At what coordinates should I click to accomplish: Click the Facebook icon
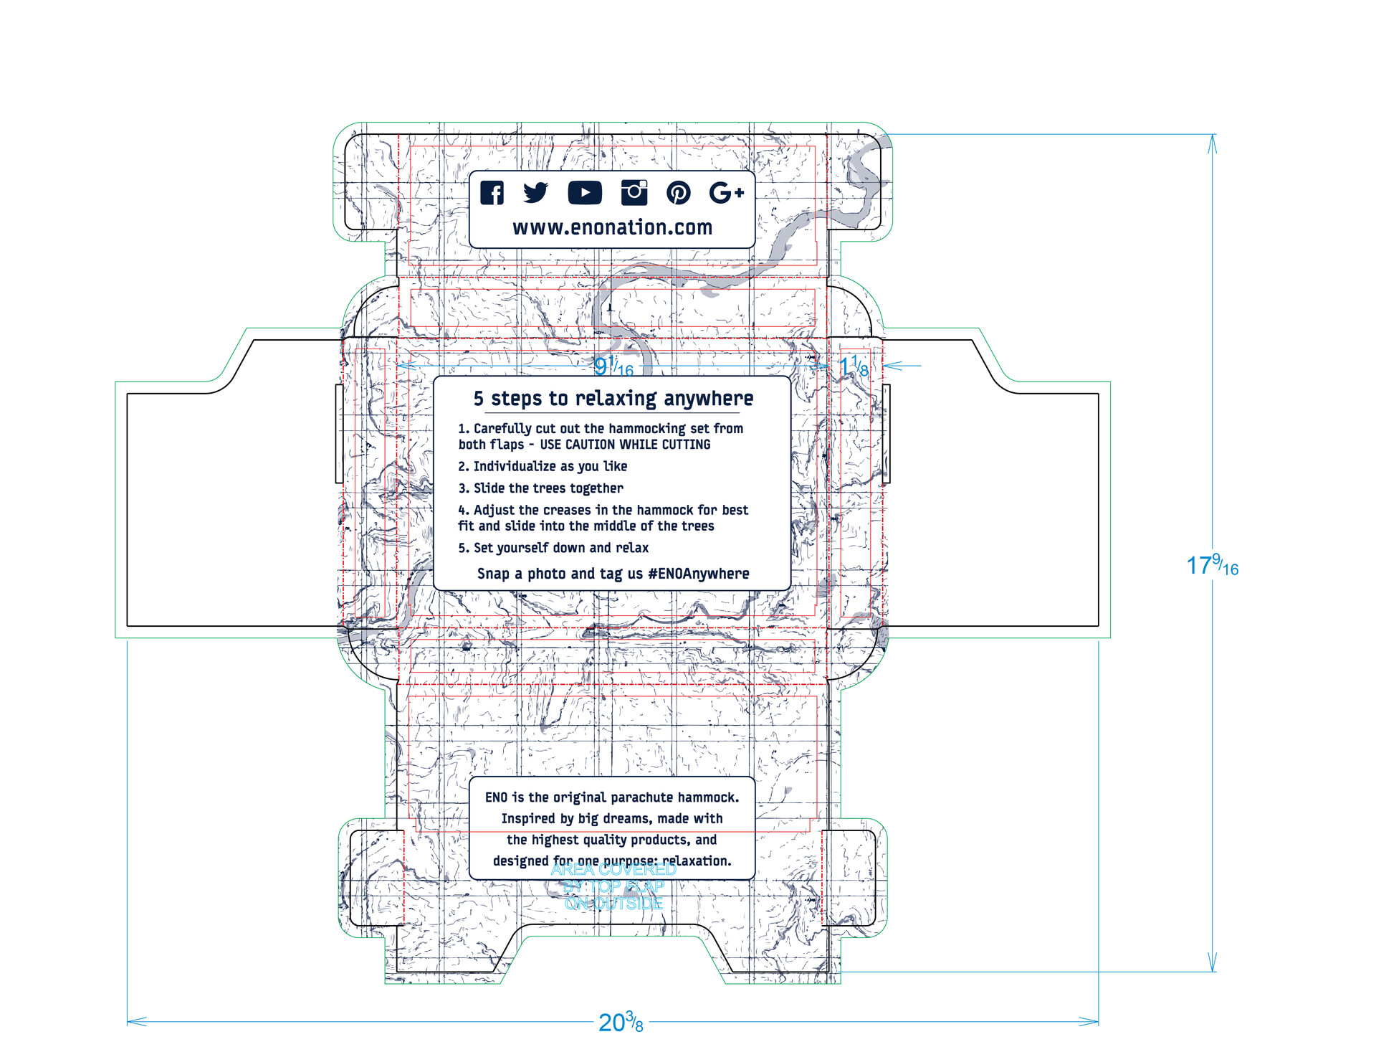[492, 193]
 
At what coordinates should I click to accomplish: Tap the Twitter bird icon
[535, 192]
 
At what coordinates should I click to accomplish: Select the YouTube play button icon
[585, 193]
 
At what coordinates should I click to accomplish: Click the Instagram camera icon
[634, 192]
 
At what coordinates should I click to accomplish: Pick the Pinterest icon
[679, 192]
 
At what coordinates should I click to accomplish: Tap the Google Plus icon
[727, 192]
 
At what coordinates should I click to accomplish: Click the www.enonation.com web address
[613, 228]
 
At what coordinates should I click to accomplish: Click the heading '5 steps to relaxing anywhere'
[613, 399]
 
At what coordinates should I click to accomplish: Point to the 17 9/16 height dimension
[1212, 566]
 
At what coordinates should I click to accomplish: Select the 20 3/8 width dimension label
[621, 1022]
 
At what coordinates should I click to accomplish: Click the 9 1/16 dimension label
[613, 367]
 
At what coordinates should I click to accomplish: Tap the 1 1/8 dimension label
[854, 367]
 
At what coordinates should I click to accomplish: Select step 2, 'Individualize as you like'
[543, 467]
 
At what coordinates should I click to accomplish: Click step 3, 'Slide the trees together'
[541, 488]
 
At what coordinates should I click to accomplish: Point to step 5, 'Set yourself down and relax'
[553, 548]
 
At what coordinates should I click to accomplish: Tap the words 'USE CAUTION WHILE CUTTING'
[625, 445]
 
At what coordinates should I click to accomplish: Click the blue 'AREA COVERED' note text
[613, 870]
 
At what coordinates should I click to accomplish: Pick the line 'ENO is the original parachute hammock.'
[612, 797]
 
